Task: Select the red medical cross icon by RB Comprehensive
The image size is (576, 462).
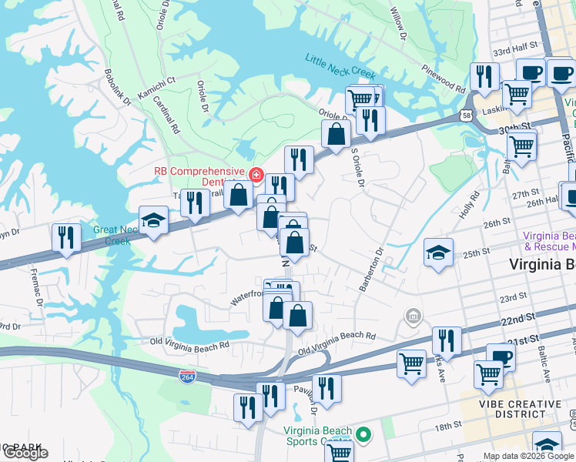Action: coord(255,175)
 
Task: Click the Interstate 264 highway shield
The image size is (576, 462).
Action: coord(187,377)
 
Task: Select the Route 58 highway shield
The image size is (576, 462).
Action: coord(468,115)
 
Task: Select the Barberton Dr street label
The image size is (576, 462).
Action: coord(371,269)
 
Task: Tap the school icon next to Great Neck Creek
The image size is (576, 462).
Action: coord(153,221)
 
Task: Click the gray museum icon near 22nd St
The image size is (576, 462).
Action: coord(414,316)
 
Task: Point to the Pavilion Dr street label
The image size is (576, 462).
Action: coord(314,398)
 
